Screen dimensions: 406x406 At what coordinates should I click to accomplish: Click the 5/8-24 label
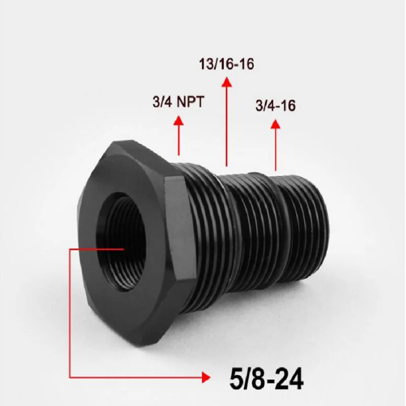tap(266, 379)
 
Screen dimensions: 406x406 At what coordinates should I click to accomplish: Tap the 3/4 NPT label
tap(179, 101)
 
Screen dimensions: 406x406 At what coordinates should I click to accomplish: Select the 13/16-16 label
tap(226, 64)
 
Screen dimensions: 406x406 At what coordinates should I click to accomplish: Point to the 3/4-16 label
tap(276, 106)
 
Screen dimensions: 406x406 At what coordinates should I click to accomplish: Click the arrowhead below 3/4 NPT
tap(179, 121)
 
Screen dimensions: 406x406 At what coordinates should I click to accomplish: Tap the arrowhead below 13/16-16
tap(227, 82)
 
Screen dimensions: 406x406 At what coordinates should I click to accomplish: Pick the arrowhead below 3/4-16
tap(276, 124)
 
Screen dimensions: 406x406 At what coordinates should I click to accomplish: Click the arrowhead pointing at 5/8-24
tap(206, 378)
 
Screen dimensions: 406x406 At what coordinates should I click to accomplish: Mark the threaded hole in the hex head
tap(121, 242)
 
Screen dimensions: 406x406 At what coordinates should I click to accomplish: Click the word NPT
tap(190, 101)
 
